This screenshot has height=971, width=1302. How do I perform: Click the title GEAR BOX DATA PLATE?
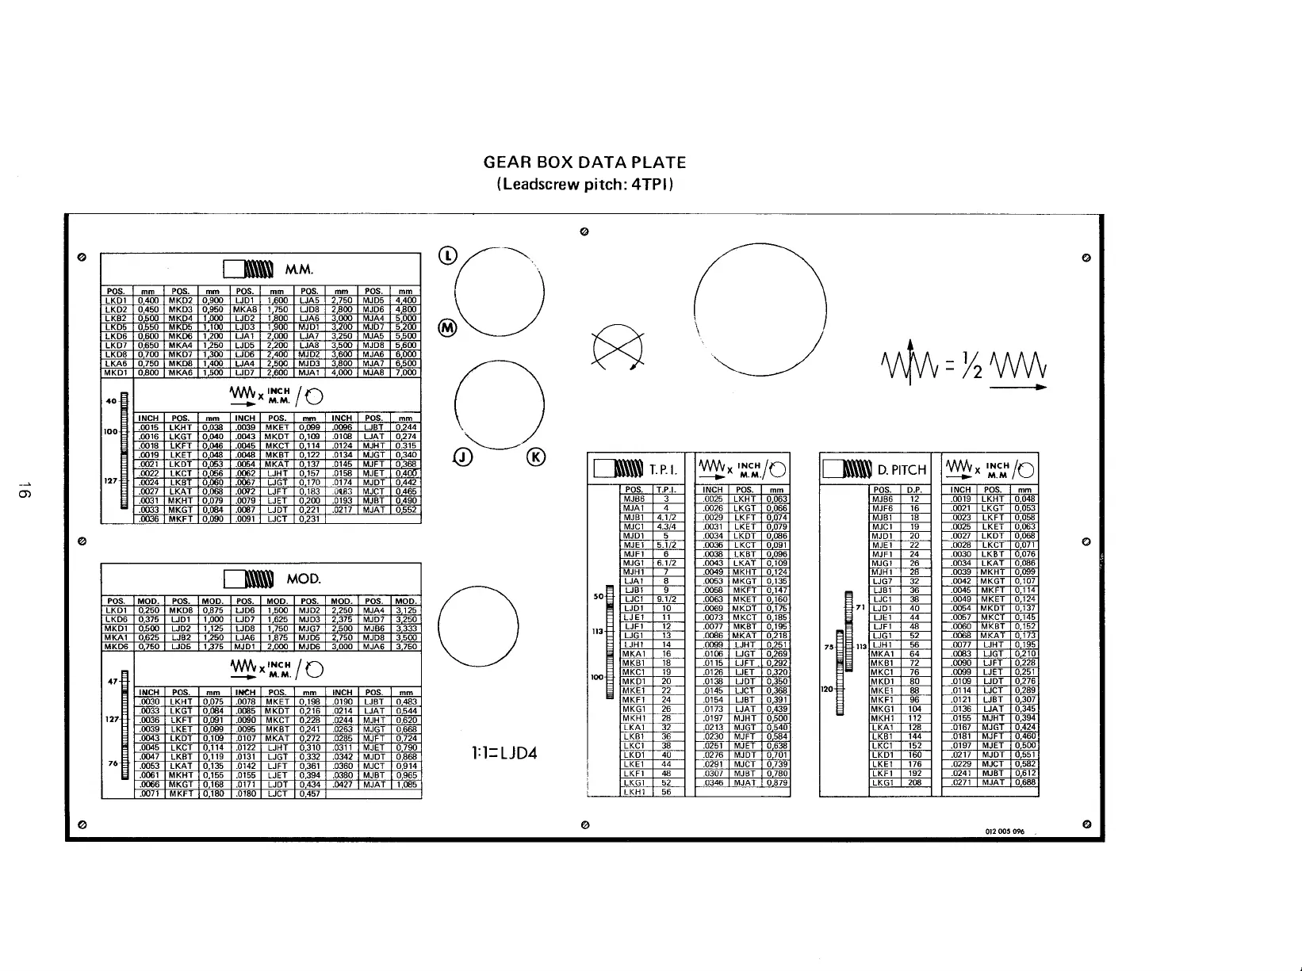pyautogui.click(x=584, y=162)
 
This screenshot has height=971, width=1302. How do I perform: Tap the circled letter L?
pyautogui.click(x=449, y=255)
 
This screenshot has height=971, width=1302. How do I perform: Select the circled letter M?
pyautogui.click(x=448, y=329)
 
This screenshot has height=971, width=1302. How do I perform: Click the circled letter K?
pyautogui.click(x=538, y=457)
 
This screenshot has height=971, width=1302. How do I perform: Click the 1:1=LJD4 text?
pyautogui.click(x=505, y=753)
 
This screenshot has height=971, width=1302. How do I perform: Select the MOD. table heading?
pyautogui.click(x=303, y=579)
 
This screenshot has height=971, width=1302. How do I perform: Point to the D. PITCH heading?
pyautogui.click(x=902, y=470)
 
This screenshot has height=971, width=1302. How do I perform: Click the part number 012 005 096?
pyautogui.click(x=1005, y=831)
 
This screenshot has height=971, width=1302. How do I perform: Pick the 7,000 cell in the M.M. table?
pyautogui.click(x=405, y=373)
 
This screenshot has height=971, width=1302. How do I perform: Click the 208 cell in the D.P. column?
pyautogui.click(x=914, y=782)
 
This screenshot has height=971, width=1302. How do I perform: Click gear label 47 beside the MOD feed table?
pyautogui.click(x=113, y=680)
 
